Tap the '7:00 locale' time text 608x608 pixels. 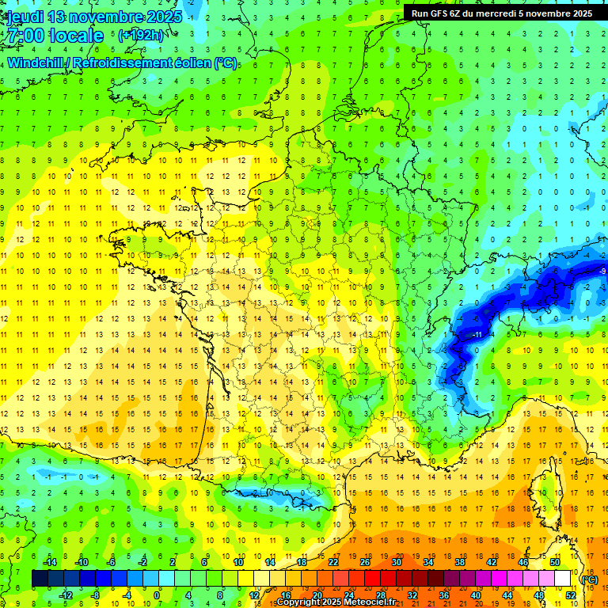coord(55,36)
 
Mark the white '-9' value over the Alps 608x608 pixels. coord(602,272)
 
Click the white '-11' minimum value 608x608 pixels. coord(477,336)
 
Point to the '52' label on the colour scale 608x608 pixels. coord(570,595)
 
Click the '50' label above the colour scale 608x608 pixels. coord(554,562)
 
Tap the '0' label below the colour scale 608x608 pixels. coord(157,595)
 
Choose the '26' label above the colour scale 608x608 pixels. coord(365,562)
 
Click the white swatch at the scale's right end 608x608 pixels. coord(562,579)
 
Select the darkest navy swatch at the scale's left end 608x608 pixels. coord(40,579)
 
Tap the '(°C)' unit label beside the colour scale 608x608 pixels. coord(589,579)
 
